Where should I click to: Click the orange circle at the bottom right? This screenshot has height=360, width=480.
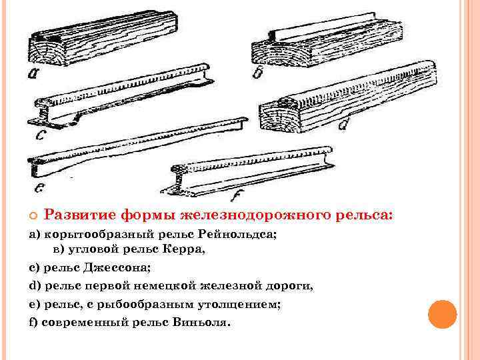point(441,314)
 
